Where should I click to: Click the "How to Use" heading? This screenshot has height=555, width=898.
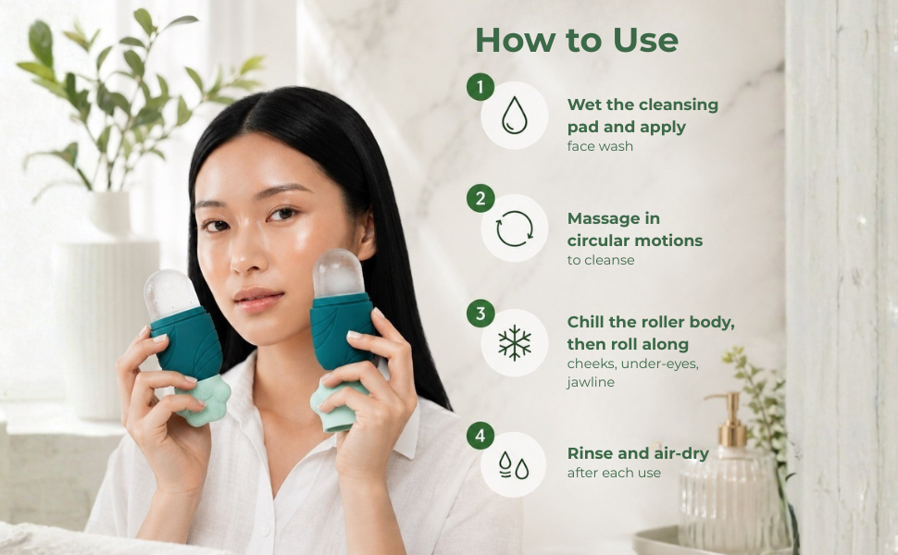tap(577, 40)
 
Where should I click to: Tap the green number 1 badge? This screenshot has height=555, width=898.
tap(480, 87)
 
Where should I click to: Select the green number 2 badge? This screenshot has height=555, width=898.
tap(480, 199)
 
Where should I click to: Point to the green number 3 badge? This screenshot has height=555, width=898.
tap(480, 314)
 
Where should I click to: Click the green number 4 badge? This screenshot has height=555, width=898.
tap(480, 436)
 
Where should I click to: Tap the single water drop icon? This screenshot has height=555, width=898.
tap(515, 115)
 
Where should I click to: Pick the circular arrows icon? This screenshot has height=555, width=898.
tap(515, 228)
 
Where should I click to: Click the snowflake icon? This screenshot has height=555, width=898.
tap(515, 343)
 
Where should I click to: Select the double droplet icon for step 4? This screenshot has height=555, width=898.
tap(514, 464)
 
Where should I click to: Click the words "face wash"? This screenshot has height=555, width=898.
tap(600, 146)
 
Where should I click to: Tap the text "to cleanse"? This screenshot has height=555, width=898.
tap(601, 260)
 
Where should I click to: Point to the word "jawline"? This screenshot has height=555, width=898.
tap(591, 382)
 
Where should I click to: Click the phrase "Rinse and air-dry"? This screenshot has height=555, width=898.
tap(638, 454)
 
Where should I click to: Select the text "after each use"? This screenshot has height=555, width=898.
tap(614, 474)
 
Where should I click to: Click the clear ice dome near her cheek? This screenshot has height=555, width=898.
tap(339, 273)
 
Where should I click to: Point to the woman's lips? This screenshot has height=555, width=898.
tap(259, 300)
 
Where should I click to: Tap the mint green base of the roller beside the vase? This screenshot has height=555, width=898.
tap(204, 401)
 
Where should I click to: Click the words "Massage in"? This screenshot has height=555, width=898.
tap(614, 218)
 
